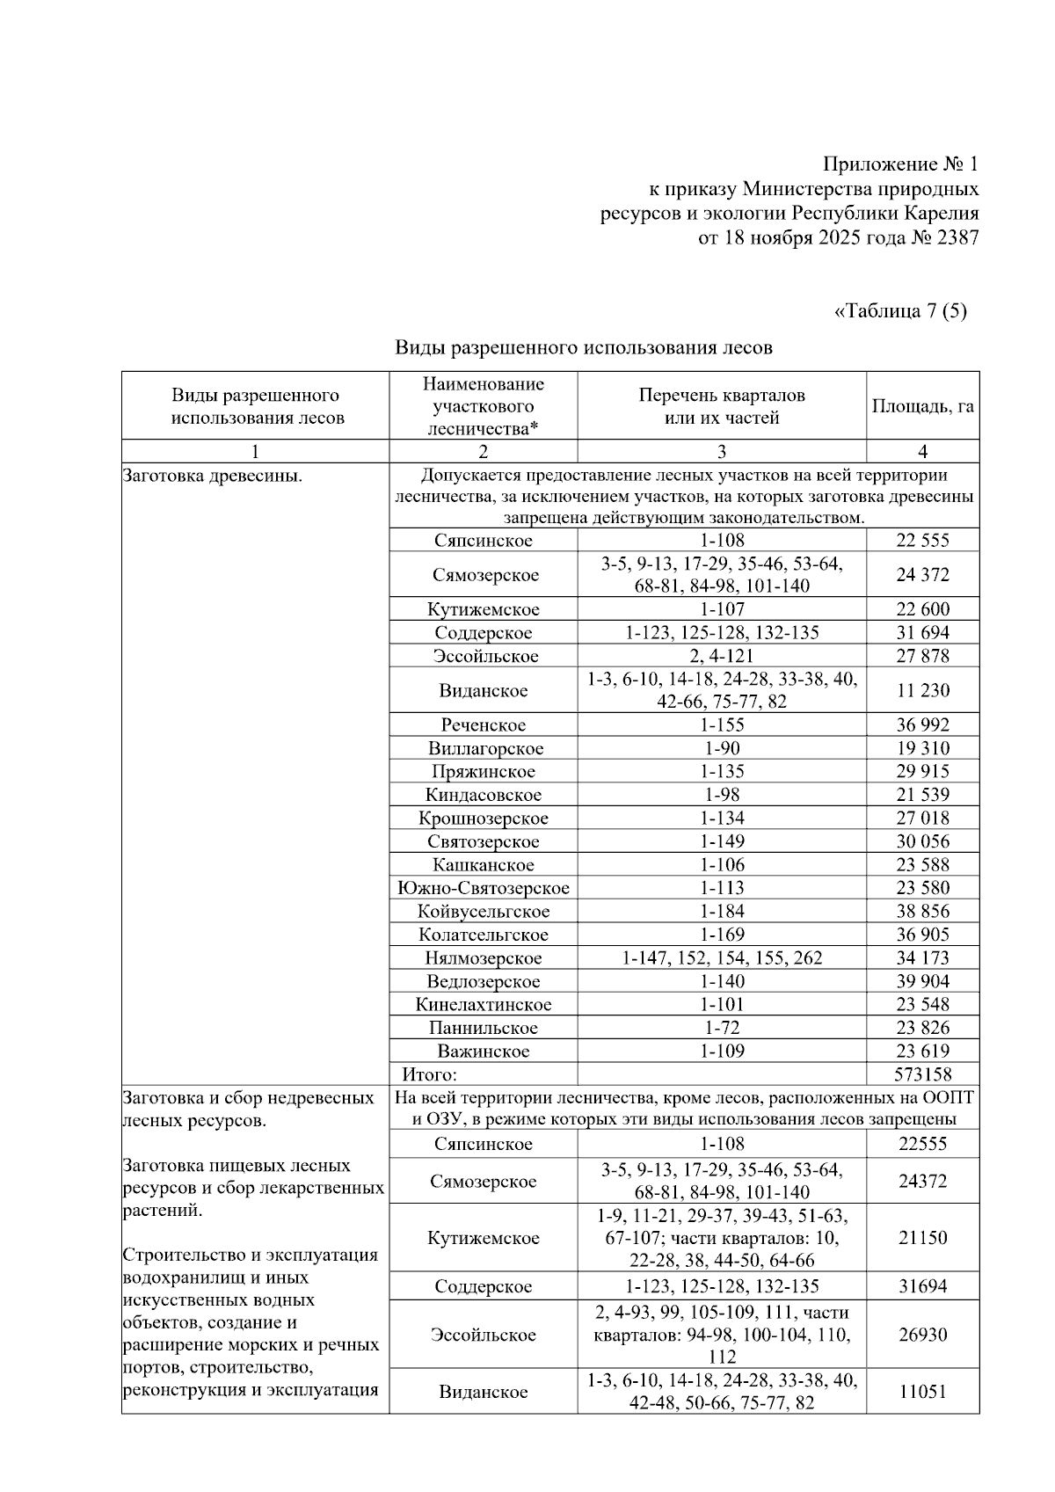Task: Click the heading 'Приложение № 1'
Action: (x=900, y=164)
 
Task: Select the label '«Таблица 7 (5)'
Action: (x=899, y=311)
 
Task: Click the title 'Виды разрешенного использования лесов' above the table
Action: (x=583, y=347)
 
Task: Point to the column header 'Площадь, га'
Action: (x=922, y=406)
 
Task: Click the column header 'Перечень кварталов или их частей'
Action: (x=722, y=406)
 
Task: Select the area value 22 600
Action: (x=922, y=609)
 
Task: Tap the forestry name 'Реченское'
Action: (x=483, y=725)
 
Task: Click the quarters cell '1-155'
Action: (x=722, y=725)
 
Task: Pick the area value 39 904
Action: (x=922, y=981)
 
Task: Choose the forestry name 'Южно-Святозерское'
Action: (x=483, y=888)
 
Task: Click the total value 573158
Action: (x=922, y=1074)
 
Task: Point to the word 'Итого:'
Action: (x=429, y=1074)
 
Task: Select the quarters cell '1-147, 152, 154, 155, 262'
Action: (x=722, y=958)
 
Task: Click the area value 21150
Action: (x=922, y=1237)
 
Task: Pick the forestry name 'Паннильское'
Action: (x=483, y=1028)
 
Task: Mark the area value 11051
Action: (x=922, y=1392)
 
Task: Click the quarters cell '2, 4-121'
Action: (x=722, y=656)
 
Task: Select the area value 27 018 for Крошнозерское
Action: (x=922, y=819)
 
